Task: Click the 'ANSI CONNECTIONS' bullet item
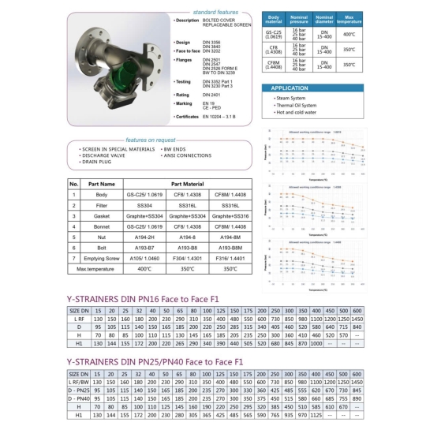coord(188,155)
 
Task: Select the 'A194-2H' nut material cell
coord(144,236)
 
